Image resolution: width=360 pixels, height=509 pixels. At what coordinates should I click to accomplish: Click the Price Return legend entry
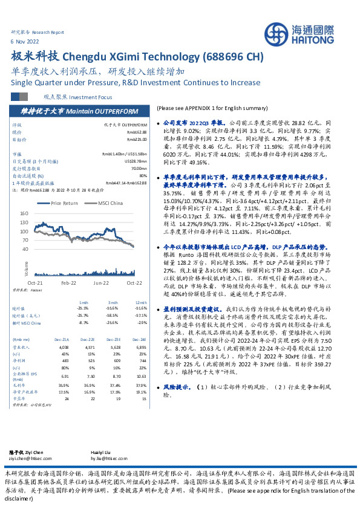pyautogui.click(x=67, y=204)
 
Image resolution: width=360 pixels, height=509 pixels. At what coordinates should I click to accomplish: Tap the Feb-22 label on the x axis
pyautogui.click(x=68, y=282)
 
